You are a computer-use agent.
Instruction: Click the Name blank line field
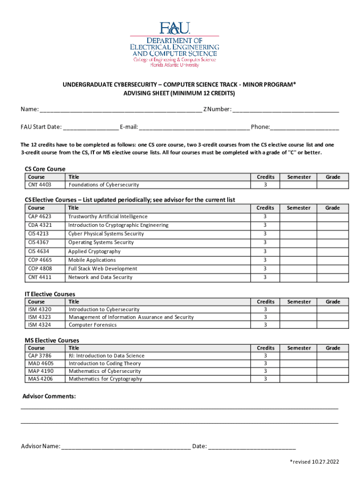[121, 110]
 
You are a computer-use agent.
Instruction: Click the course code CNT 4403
[40, 185]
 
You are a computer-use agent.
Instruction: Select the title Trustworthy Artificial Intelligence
[108, 217]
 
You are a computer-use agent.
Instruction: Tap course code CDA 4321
[40, 225]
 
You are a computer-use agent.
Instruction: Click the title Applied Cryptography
[94, 251]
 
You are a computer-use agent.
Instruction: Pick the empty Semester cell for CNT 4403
[299, 185]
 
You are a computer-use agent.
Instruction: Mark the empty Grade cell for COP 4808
[332, 269]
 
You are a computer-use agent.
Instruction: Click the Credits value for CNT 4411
[265, 277]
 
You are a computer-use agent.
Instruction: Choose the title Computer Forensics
[93, 325]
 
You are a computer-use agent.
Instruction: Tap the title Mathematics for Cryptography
[105, 379]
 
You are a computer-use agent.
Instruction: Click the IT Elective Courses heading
[50, 294]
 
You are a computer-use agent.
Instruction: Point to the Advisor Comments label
[49, 397]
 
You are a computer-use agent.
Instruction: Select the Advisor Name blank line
[126, 446]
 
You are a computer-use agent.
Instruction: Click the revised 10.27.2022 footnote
[314, 462]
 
